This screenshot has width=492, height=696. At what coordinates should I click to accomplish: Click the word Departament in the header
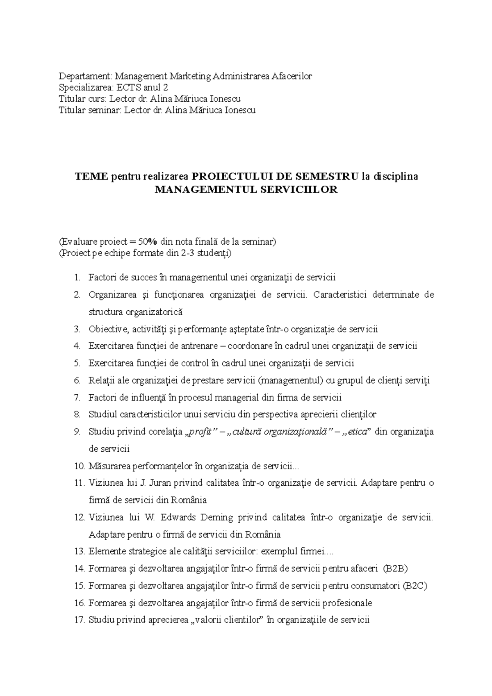click(85, 76)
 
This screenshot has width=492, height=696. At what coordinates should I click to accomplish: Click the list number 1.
click(77, 277)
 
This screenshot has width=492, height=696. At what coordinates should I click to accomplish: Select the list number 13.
click(80, 551)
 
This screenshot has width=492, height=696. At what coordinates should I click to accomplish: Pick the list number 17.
click(80, 620)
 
